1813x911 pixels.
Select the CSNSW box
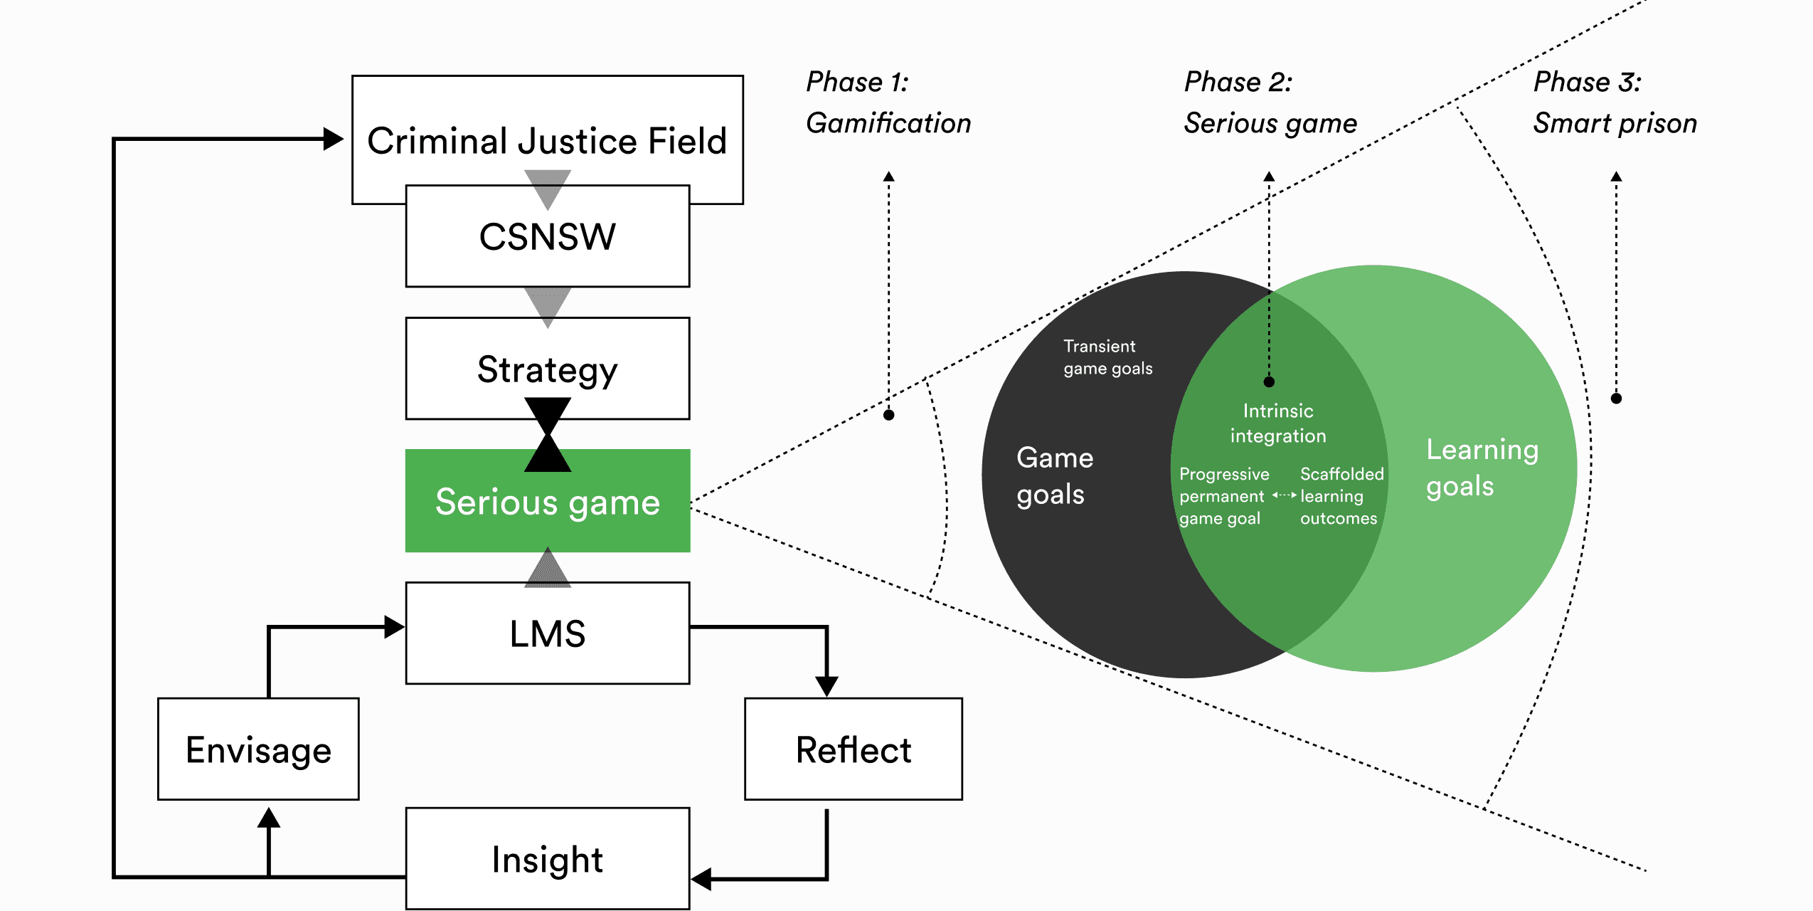click(547, 237)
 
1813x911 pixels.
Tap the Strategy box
click(547, 369)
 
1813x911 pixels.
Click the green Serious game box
click(547, 502)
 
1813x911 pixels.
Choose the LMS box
click(547, 633)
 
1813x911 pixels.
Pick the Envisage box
click(258, 749)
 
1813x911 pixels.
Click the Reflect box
click(853, 749)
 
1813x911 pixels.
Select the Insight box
click(547, 859)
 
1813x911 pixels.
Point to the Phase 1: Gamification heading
click(888, 102)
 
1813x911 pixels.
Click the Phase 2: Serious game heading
click(1270, 102)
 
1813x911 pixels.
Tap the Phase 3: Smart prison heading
click(1615, 102)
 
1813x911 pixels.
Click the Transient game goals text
click(1107, 357)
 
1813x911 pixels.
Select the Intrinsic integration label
click(1278, 423)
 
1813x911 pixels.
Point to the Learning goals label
click(1482, 468)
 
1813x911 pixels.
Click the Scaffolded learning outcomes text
click(1341, 496)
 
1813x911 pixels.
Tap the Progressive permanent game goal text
click(1223, 496)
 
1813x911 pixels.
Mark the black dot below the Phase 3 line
click(1616, 399)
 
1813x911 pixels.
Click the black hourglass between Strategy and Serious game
click(547, 435)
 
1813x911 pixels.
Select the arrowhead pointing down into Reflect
click(826, 686)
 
